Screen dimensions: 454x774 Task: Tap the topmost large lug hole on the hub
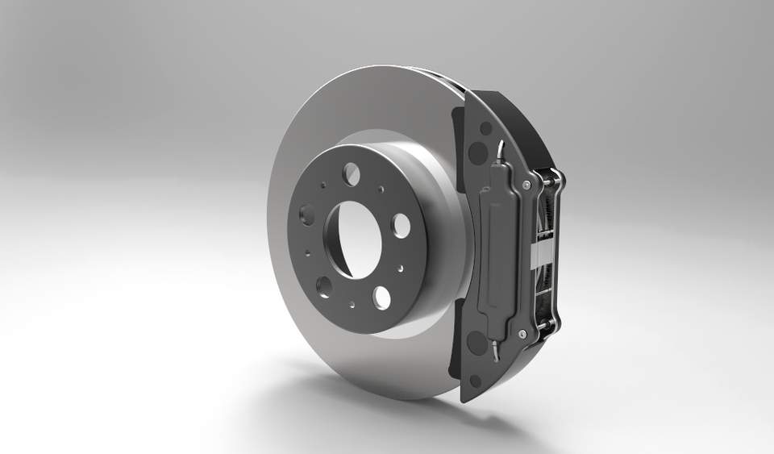click(x=351, y=172)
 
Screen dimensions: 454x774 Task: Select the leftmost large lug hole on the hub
click(x=307, y=214)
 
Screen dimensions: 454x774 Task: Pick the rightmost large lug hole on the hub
click(x=401, y=225)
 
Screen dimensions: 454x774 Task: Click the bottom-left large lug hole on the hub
click(x=324, y=285)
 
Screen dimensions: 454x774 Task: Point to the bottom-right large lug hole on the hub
click(x=381, y=298)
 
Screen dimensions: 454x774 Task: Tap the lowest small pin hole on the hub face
click(x=352, y=305)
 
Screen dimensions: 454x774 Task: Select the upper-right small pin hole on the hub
click(x=381, y=190)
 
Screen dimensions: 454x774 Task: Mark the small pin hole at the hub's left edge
click(x=307, y=253)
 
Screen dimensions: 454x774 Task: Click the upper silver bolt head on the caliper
click(x=526, y=185)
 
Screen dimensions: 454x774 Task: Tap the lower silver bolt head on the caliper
click(x=522, y=333)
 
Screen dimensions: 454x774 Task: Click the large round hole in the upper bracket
click(x=477, y=152)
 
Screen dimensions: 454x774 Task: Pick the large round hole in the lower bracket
click(x=477, y=343)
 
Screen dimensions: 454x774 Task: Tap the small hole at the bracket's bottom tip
click(x=476, y=379)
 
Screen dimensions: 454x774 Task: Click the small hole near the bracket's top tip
click(x=485, y=127)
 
